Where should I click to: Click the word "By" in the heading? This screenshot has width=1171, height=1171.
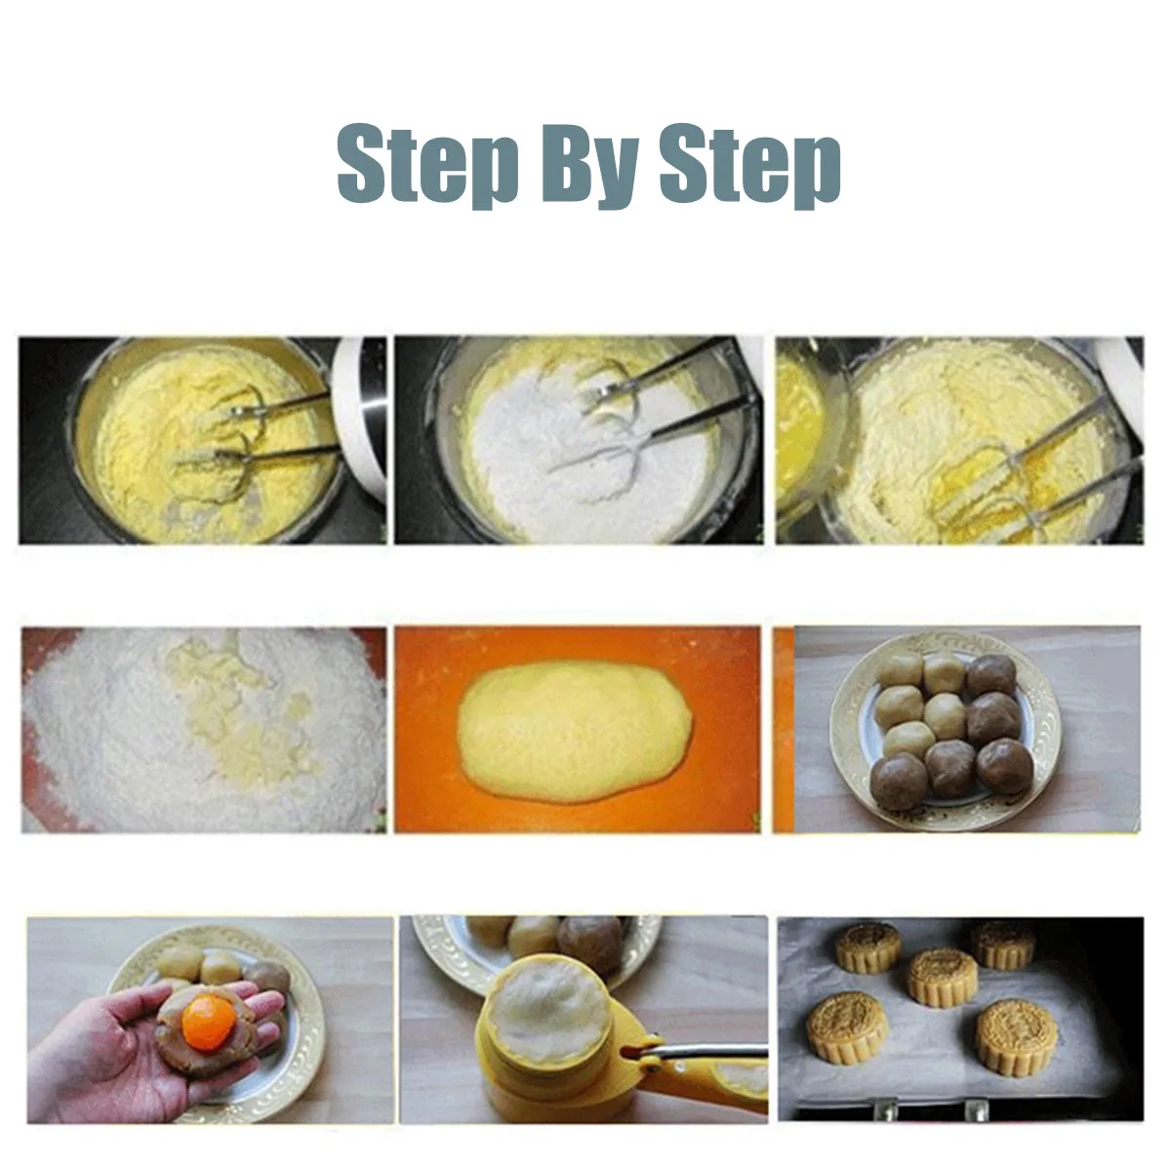click(590, 165)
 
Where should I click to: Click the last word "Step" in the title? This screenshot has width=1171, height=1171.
click(749, 164)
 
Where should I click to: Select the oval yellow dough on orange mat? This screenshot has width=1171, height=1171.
click(575, 730)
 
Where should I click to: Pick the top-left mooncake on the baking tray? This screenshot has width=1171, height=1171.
click(868, 948)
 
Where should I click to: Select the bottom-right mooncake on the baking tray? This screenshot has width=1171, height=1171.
click(1016, 1044)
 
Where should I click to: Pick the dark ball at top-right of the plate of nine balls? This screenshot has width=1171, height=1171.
click(991, 675)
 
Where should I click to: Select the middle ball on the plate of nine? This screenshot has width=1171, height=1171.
click(945, 717)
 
